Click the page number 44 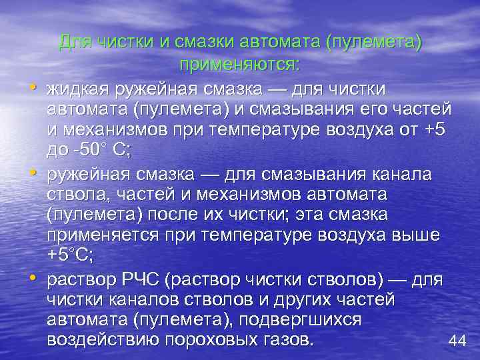pyautogui.click(x=457, y=341)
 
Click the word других pyautogui.click(x=292, y=299)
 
